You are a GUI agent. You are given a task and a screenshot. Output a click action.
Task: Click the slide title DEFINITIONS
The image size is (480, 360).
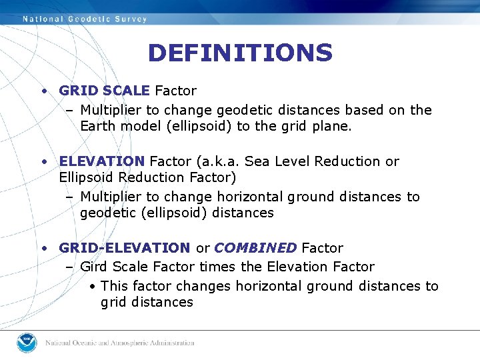(240, 53)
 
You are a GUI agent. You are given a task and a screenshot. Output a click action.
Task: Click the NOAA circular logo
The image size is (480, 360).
(27, 343)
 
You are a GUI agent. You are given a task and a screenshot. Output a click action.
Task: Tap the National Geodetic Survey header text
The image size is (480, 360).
(85, 19)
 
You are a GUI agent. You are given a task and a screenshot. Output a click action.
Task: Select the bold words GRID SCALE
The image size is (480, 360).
(105, 91)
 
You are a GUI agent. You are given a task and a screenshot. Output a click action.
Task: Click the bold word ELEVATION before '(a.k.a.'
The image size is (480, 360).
(101, 161)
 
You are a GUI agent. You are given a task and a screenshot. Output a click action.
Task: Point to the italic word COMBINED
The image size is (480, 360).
(255, 248)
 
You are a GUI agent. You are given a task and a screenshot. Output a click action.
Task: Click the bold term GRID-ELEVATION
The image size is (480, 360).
(125, 248)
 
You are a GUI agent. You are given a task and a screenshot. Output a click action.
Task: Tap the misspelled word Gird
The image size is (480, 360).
(94, 267)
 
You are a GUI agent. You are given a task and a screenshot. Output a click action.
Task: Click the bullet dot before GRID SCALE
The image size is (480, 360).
(43, 91)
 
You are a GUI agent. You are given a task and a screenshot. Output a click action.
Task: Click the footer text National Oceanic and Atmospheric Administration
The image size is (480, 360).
(119, 343)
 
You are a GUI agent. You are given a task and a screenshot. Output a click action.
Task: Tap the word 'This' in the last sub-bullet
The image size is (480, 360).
(115, 286)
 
